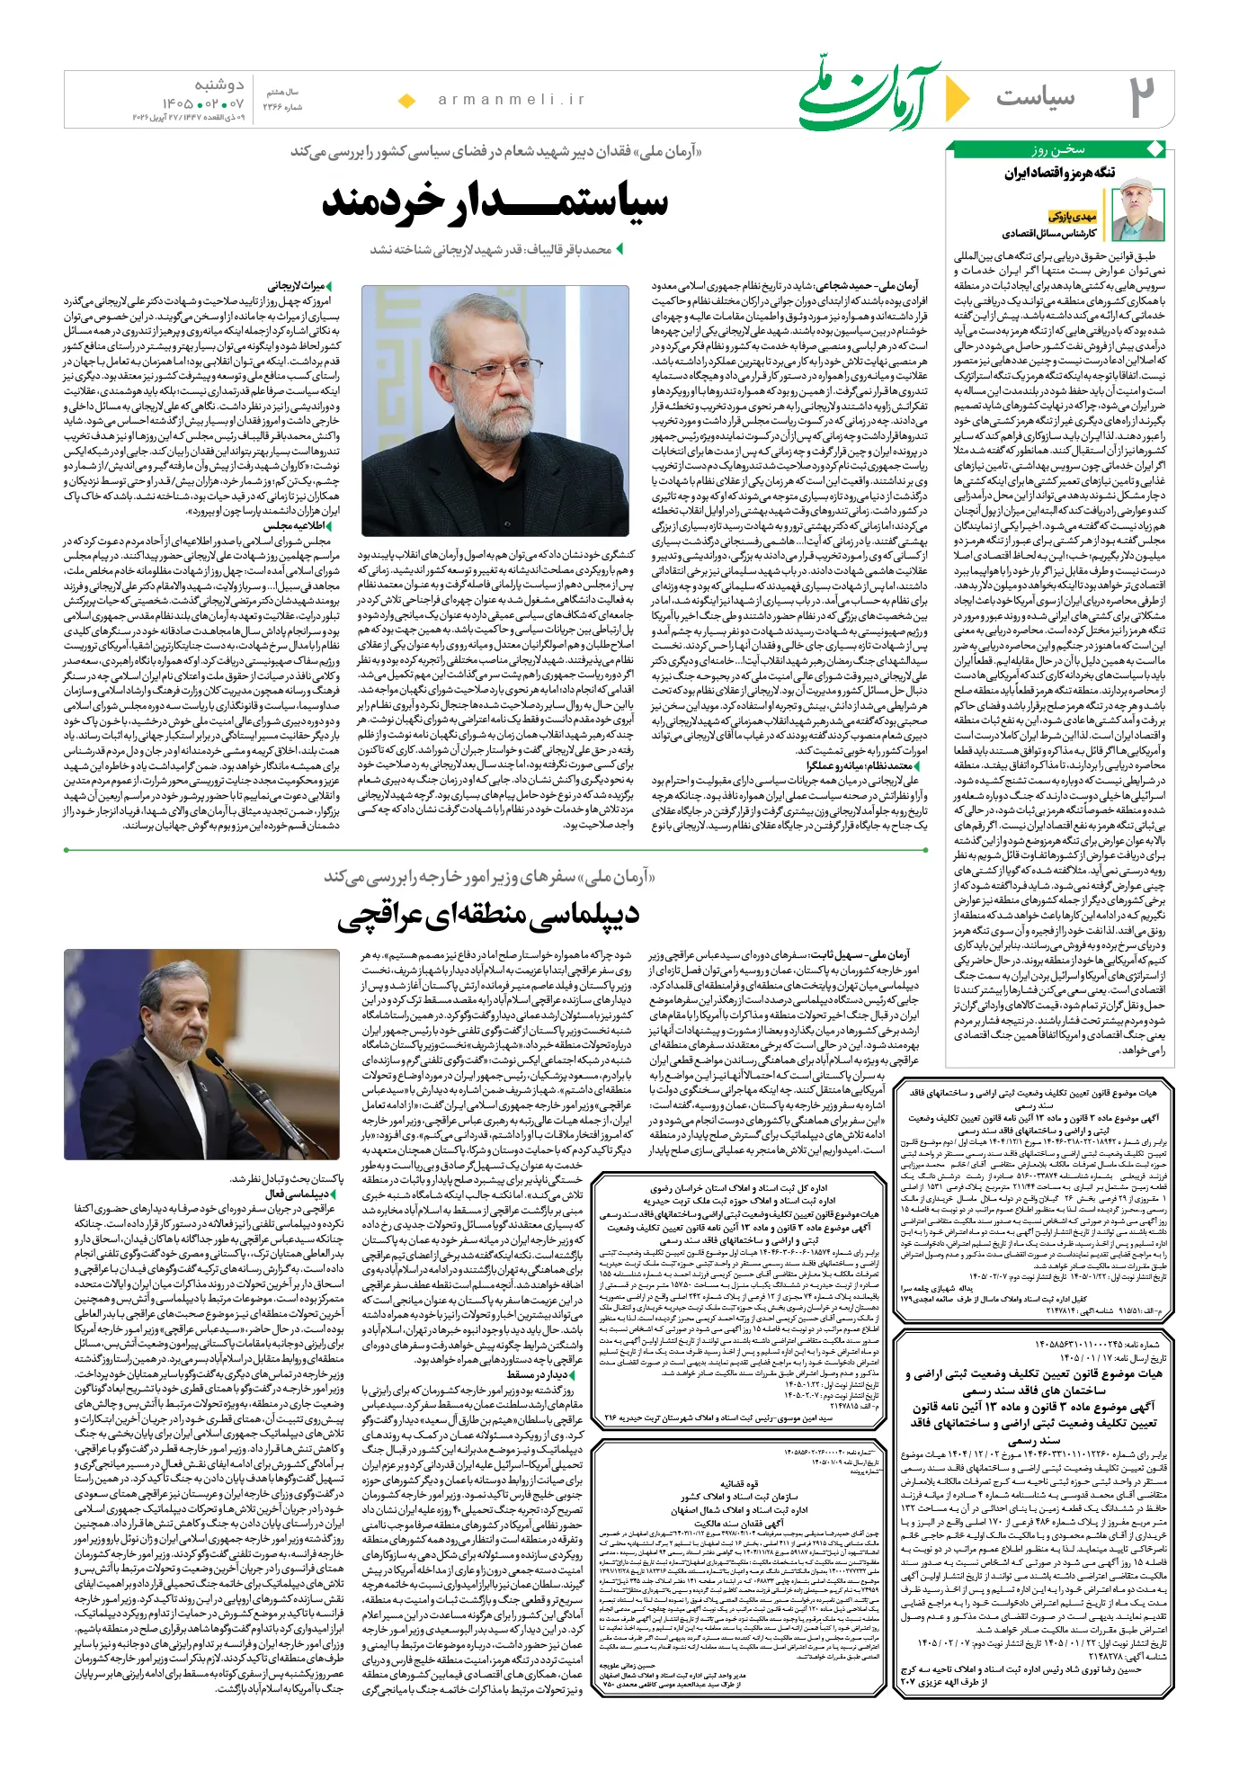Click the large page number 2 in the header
pos(1142,97)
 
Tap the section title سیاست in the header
pos(1036,97)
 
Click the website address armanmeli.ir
pos(512,100)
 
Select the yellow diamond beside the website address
pos(406,101)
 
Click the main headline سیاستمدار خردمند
pos(495,202)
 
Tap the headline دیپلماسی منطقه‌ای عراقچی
pos(488,916)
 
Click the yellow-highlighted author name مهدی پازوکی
pos(1073,216)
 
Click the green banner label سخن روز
pos(1058,149)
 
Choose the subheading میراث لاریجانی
pos(297,287)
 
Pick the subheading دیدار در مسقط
pos(536,1374)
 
